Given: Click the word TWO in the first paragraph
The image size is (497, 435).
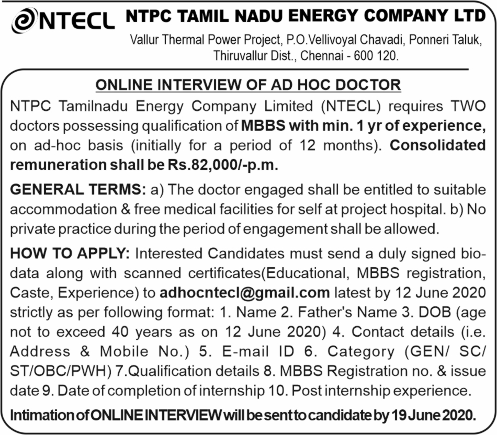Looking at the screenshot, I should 468,107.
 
